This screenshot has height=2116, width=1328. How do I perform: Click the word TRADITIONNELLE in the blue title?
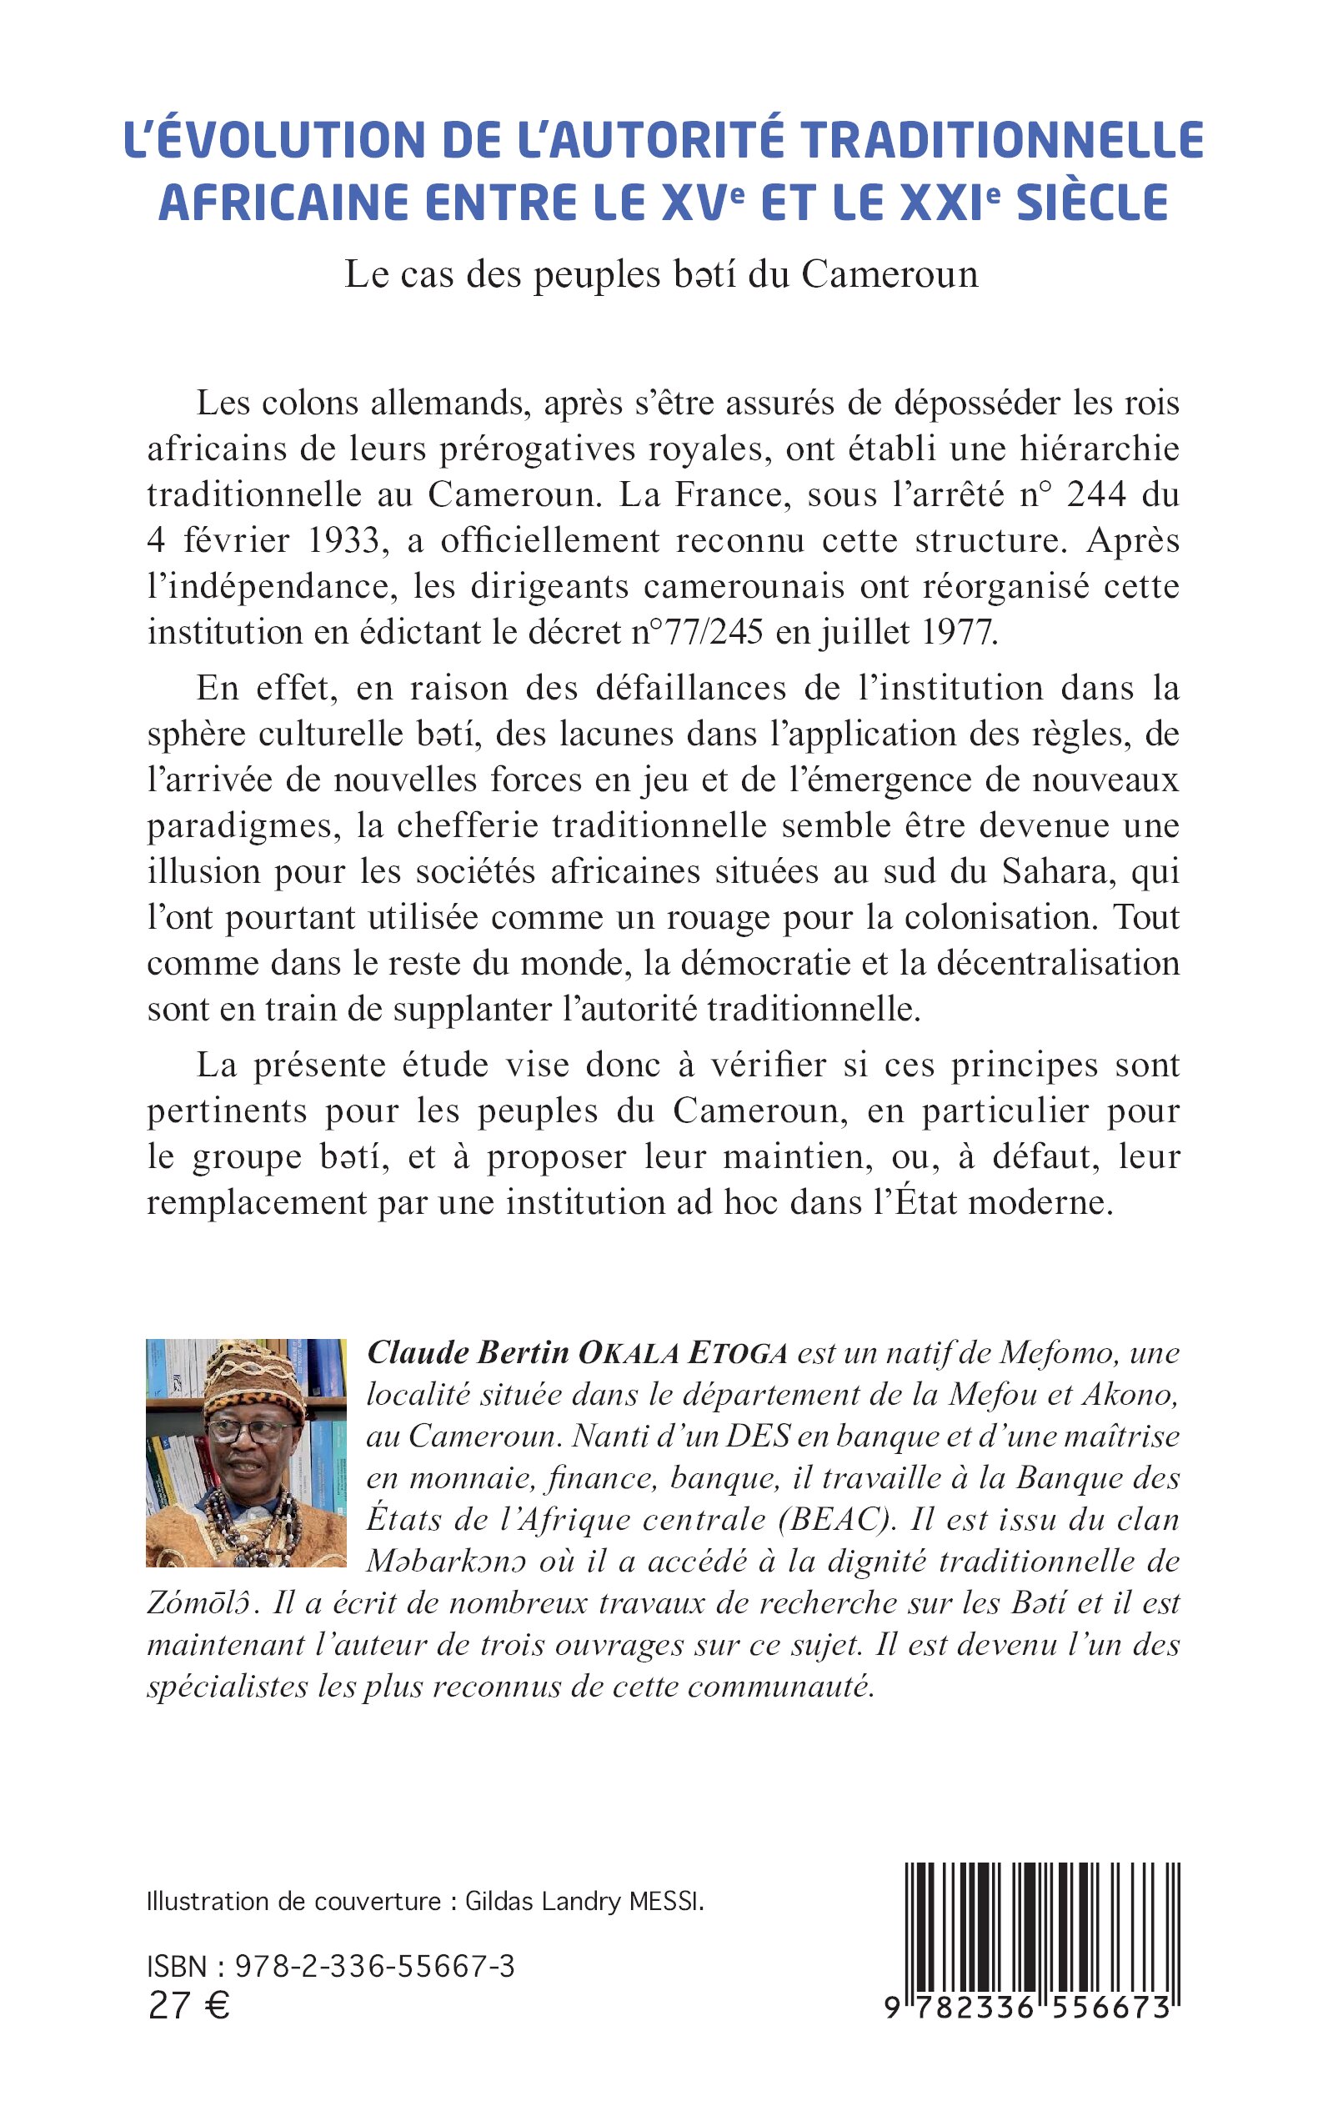[1002, 141]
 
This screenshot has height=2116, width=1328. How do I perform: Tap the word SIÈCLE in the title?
[1092, 203]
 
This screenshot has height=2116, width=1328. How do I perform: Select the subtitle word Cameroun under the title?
[889, 275]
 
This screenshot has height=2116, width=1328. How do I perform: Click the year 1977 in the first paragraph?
[956, 632]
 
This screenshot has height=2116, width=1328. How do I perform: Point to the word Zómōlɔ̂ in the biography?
[203, 1603]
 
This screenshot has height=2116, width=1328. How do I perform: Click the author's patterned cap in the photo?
[255, 1375]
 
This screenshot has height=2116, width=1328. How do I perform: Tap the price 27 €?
[189, 2005]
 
